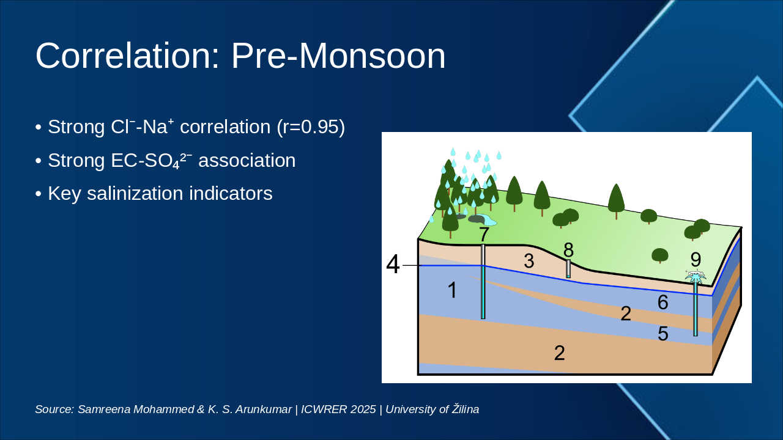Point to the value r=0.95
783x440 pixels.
pos(311,127)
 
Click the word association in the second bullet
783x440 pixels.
pos(247,161)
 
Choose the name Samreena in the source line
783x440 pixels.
pos(98,409)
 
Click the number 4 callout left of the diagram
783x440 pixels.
pos(393,265)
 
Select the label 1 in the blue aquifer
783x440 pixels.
pos(452,290)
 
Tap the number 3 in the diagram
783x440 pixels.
pos(529,261)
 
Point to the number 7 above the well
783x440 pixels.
pos(484,235)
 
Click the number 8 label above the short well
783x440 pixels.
pos(568,249)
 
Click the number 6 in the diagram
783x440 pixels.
pos(662,302)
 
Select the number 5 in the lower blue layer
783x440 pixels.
pos(662,334)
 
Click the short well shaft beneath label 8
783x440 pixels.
pos(568,268)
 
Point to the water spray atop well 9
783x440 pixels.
pos(696,276)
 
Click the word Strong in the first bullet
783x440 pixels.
pos(76,127)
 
